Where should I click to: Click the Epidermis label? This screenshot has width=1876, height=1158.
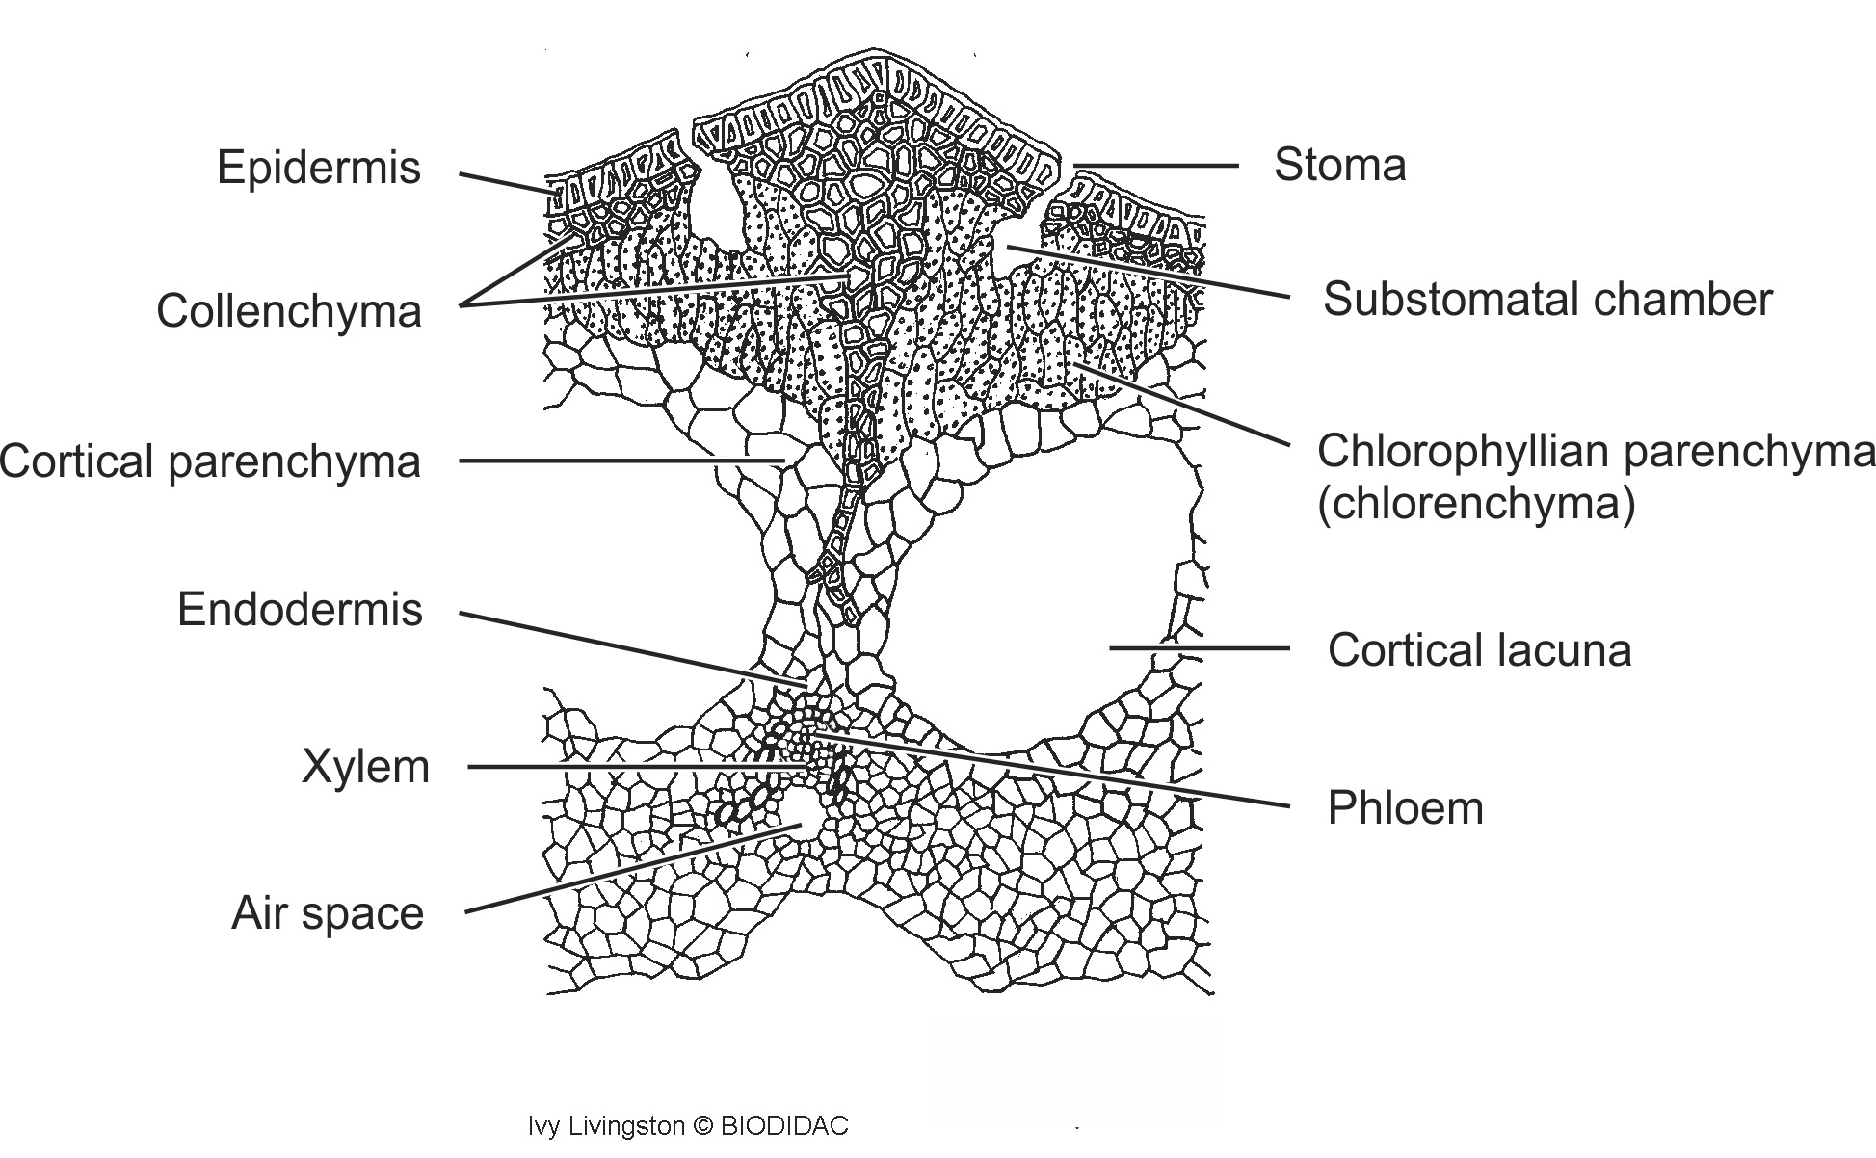[318, 168]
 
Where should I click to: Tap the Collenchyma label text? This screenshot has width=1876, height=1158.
[289, 311]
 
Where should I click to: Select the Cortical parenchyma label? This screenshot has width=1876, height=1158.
[211, 461]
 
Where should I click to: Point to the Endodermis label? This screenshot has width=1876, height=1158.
[300, 610]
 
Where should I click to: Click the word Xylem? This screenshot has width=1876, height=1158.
[365, 768]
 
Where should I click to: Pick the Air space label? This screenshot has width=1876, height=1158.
[328, 913]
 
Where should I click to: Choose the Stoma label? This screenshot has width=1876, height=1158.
[1339, 165]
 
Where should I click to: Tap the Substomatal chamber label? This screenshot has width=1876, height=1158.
[1546, 300]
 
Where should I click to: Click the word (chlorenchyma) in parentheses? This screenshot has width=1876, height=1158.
[1476, 504]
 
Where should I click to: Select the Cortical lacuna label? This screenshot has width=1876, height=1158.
[1479, 650]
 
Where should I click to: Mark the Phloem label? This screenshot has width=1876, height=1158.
[1405, 808]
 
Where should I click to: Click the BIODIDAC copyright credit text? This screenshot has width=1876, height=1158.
[688, 1125]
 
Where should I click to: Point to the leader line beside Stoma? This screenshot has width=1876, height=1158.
[1156, 166]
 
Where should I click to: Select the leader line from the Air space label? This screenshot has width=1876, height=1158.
[626, 869]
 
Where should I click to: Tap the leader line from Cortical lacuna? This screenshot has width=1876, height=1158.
[1200, 648]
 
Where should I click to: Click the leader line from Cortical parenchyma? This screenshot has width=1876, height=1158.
[617, 461]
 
